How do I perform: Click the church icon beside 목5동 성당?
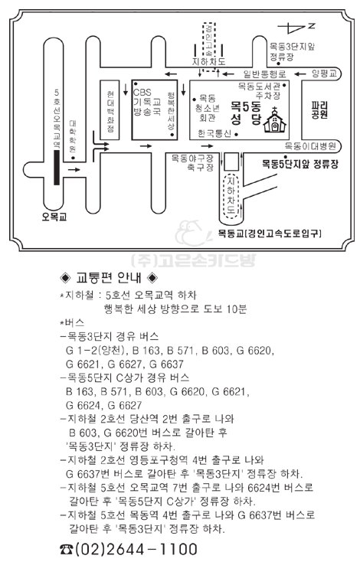274,119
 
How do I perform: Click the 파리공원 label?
319,110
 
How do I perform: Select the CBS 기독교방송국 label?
147,102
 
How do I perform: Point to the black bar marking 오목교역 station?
57,167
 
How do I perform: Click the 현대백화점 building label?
110,112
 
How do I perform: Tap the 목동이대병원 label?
310,146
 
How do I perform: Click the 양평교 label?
324,74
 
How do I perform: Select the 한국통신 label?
214,133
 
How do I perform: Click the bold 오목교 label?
54,217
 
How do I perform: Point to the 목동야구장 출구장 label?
193,163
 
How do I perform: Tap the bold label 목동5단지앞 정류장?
299,164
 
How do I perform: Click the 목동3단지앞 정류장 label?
292,52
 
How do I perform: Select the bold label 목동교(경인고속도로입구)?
270,234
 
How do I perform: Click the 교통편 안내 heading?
108,278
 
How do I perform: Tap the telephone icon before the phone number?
67,549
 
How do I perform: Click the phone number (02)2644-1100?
136,549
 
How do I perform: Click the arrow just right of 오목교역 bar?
74,169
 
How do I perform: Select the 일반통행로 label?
264,74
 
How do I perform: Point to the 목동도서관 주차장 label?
260,91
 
